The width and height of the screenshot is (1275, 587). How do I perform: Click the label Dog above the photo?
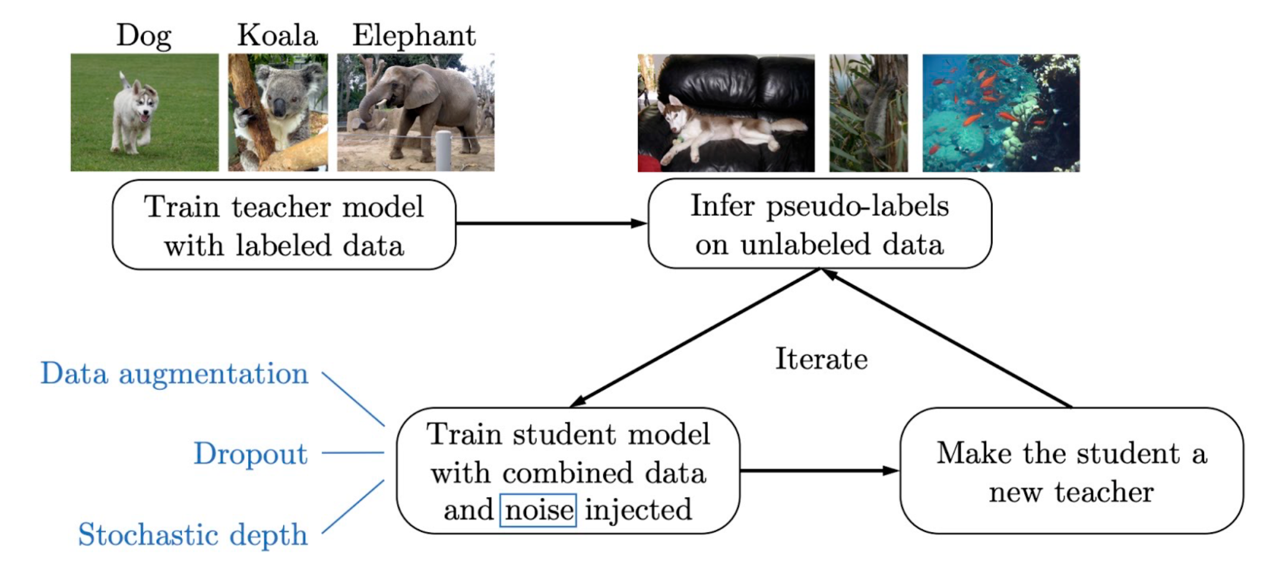tap(144, 35)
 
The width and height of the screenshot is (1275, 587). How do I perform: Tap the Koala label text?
tap(278, 35)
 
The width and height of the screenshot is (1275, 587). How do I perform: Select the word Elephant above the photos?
tap(414, 35)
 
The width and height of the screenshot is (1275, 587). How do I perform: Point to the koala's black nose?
tap(280, 106)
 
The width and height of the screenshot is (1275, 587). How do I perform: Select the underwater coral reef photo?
tap(1001, 113)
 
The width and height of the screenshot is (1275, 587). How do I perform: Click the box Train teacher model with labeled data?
tap(284, 225)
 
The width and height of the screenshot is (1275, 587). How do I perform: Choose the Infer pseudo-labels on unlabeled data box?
tap(819, 224)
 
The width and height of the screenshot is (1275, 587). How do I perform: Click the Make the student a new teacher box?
tap(1071, 471)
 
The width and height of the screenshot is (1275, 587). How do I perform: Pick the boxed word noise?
tap(539, 510)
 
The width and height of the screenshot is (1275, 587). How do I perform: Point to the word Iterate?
tap(821, 359)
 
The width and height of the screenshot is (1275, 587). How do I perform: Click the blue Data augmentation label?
tap(174, 373)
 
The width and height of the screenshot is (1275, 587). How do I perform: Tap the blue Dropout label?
tap(250, 453)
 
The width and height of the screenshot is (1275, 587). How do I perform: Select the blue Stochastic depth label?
tap(193, 535)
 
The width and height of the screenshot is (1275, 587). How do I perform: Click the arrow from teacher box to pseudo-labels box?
tap(551, 223)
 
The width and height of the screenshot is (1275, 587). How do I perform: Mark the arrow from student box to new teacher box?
tap(819, 471)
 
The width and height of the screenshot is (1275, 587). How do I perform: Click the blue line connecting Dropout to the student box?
tap(353, 453)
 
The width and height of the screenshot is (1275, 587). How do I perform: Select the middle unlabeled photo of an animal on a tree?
tap(868, 113)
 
